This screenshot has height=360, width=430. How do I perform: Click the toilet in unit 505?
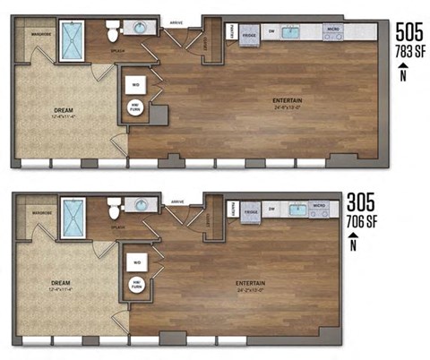click(x=112, y=33)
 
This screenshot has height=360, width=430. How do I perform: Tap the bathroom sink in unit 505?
click(x=141, y=29)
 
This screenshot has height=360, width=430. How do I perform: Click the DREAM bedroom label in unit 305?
click(x=63, y=285)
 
